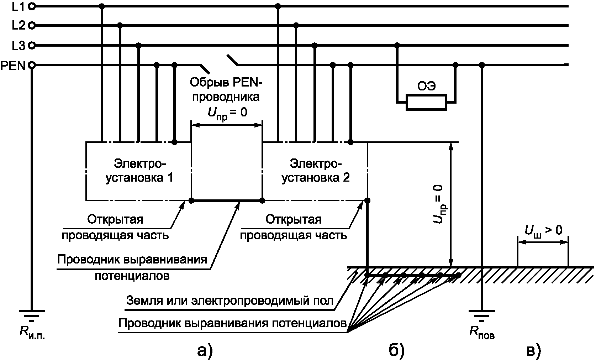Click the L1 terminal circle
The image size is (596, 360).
[x=32, y=6]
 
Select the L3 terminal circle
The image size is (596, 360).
[x=32, y=46]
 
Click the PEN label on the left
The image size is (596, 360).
[x=13, y=66]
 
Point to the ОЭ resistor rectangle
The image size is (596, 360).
[x=426, y=102]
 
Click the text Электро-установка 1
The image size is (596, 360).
[x=139, y=171]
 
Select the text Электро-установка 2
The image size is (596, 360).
[x=316, y=171]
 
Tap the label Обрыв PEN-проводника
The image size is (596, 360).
[x=225, y=89]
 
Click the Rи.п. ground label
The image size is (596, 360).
[x=32, y=333]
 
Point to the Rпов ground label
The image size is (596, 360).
[x=482, y=333]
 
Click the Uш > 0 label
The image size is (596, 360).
[x=543, y=231]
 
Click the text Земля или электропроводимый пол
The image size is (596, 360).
[x=230, y=301]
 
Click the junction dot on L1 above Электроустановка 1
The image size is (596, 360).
[x=102, y=6]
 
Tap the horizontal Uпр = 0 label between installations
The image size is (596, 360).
[x=227, y=113]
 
